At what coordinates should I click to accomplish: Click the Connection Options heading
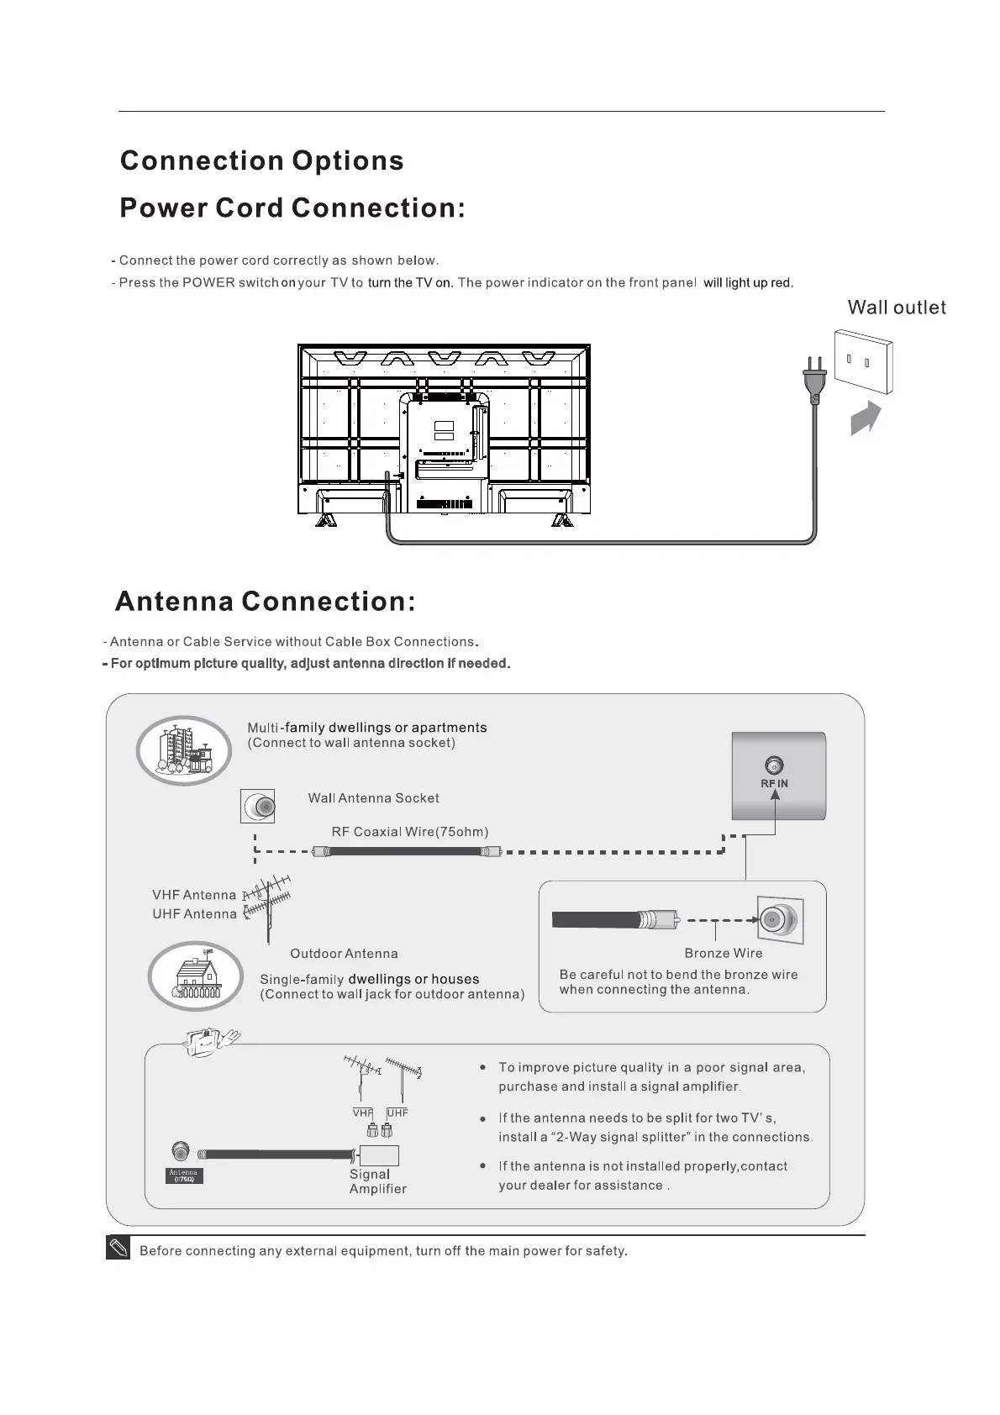261,161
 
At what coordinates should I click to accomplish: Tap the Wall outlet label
896,308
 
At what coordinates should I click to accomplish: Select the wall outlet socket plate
863,361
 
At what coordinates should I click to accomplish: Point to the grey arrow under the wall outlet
866,418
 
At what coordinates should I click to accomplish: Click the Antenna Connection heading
265,602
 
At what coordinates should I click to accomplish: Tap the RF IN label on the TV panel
774,783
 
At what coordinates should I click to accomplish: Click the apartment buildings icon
184,750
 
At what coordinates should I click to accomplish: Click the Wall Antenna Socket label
373,798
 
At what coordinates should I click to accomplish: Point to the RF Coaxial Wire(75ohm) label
409,832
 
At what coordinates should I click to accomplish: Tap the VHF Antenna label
194,895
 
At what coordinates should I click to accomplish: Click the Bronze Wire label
723,953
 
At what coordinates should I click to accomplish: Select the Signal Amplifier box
378,1155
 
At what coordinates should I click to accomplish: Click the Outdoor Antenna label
344,954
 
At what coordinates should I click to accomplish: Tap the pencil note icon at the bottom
118,1249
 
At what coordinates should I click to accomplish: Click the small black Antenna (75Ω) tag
183,1176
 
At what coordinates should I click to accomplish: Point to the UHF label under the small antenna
397,1113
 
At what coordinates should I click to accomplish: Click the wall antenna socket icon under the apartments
258,807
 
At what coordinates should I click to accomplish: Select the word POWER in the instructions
208,282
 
